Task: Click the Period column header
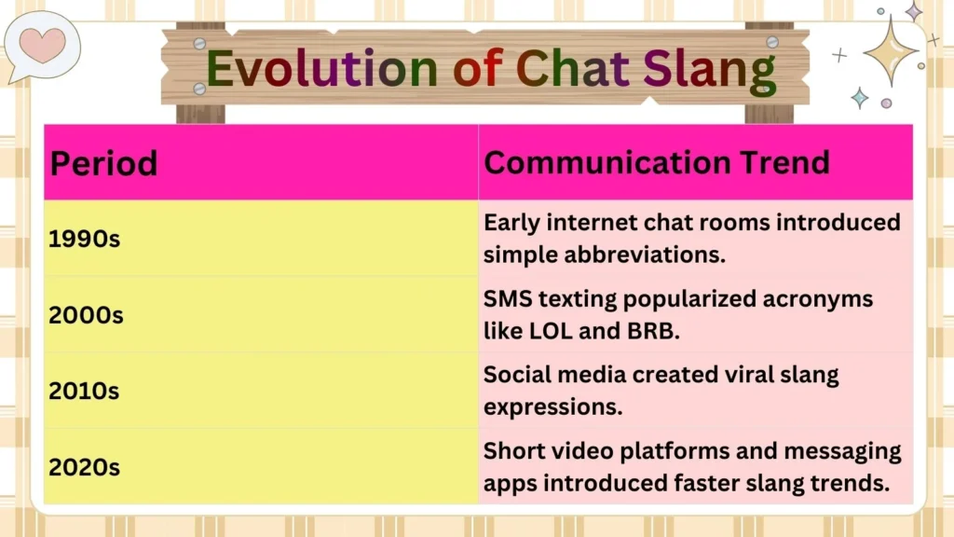103,163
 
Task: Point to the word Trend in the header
781,162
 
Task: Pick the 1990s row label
85,239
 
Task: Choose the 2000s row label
86,315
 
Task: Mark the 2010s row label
84,391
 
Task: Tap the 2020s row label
85,466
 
